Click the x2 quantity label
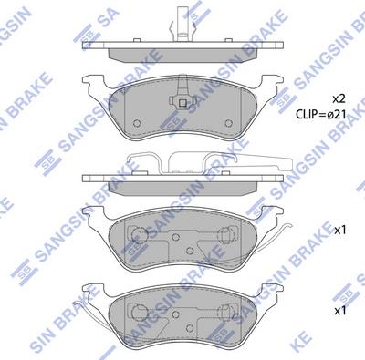(339, 98)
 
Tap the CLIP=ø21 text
(321, 114)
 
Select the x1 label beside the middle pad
(340, 231)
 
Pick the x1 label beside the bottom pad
(340, 311)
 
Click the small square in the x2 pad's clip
(182, 103)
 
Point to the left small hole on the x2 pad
(137, 123)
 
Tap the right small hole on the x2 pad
(228, 123)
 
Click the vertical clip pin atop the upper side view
(182, 21)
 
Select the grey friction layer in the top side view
(182, 56)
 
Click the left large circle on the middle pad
(140, 234)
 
